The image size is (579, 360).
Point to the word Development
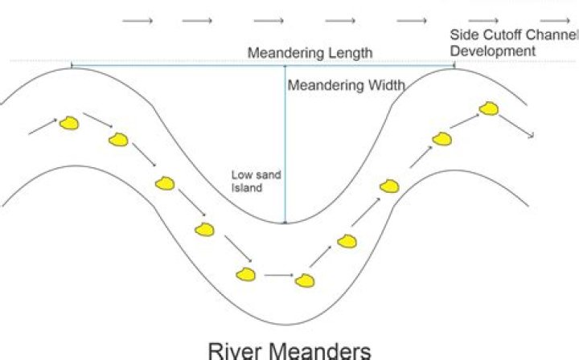[x=493, y=51]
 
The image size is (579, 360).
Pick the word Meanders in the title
[x=326, y=350]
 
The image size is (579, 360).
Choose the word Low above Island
[x=241, y=174]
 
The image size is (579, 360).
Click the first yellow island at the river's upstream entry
[x=70, y=123]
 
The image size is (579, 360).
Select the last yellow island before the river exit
[x=489, y=108]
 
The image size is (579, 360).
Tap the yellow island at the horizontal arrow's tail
[x=246, y=274]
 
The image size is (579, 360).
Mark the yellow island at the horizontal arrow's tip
[x=304, y=280]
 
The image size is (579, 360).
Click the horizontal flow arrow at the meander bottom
[x=278, y=276]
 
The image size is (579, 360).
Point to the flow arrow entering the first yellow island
[x=43, y=126]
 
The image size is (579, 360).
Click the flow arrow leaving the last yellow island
[x=517, y=125]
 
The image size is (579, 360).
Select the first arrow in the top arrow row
[x=138, y=21]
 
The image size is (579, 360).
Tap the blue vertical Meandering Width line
[x=285, y=145]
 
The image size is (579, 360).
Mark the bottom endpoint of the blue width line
[x=285, y=223]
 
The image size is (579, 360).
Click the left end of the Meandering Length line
[x=72, y=65]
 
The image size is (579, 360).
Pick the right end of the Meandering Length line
[x=454, y=65]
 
